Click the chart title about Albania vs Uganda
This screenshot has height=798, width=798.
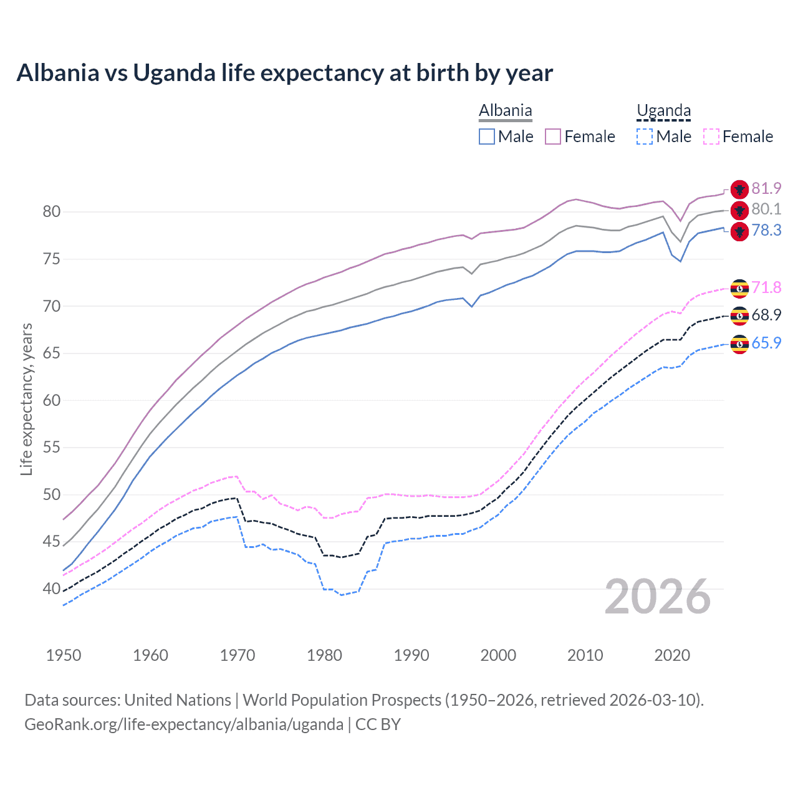tap(284, 73)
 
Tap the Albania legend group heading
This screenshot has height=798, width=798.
tap(505, 111)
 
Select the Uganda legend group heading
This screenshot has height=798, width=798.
tap(663, 111)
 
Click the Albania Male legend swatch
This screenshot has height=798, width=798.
tap(487, 137)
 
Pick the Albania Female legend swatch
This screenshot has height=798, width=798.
tap(553, 137)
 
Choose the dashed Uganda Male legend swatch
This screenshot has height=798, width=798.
tap(645, 137)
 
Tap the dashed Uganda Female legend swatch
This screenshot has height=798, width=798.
tap(711, 137)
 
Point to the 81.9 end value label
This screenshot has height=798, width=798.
tap(766, 188)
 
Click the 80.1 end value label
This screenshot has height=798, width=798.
tap(766, 209)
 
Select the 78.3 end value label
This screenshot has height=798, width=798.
tap(766, 231)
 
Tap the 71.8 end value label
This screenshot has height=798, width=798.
tap(766, 287)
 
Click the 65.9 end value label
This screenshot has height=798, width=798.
tap(766, 343)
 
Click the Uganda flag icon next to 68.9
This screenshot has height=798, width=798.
tap(739, 315)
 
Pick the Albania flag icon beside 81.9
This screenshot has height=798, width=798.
tap(739, 189)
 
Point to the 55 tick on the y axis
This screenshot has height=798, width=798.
tap(52, 448)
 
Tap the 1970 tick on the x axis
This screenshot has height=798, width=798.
tap(238, 655)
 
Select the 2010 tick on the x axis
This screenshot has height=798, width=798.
tap(585, 655)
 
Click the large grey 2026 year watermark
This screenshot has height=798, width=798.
tap(658, 597)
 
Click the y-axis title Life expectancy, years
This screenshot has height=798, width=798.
tap(26, 399)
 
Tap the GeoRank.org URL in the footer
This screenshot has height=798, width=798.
tap(184, 724)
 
